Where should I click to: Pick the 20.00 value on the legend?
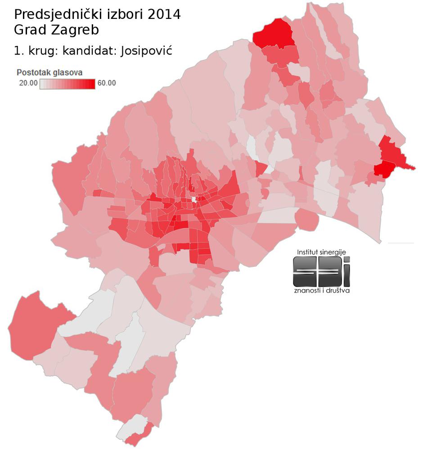27,83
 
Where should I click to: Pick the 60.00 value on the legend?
107,83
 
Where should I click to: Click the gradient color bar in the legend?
67,84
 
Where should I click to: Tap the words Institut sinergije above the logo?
321,252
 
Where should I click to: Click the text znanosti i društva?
321,290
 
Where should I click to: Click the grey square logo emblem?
321,271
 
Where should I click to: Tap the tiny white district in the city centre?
194,199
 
